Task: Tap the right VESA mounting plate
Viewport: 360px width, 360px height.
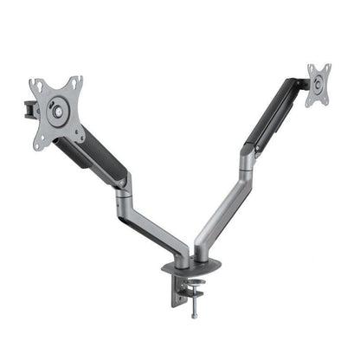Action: (318, 84)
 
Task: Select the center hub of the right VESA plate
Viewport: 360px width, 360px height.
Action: (318, 84)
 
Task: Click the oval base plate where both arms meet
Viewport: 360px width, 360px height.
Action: (197, 263)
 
